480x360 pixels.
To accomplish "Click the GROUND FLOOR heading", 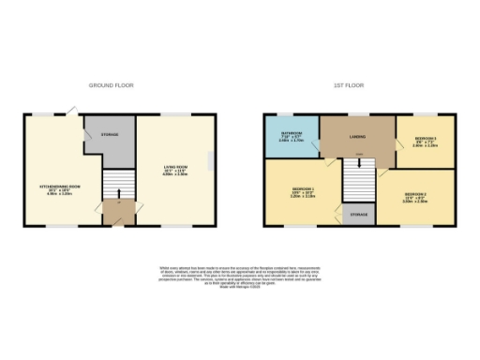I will click(112, 85).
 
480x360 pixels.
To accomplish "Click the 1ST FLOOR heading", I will click(344, 85).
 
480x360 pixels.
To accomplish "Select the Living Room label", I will click(175, 169).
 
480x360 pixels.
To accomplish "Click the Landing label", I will click(357, 137).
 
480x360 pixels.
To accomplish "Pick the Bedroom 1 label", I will click(302, 192).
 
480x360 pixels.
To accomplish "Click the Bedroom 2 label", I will click(415, 197).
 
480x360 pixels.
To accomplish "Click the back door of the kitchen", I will click(69, 112).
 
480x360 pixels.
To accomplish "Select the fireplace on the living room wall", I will click(212, 163).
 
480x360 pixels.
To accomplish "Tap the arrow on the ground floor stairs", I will click(118, 194).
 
